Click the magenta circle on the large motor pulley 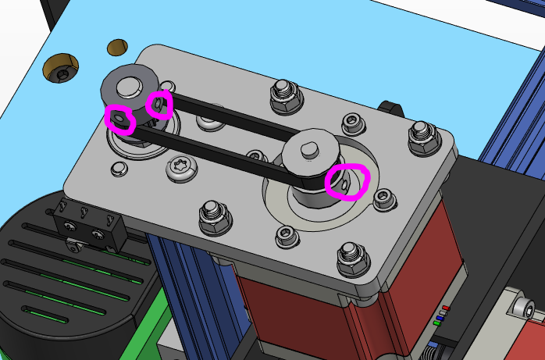347,181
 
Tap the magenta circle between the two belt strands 159,104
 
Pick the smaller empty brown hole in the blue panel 117,47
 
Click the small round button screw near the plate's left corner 118,168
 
